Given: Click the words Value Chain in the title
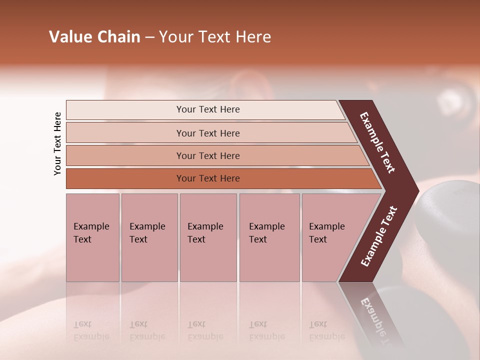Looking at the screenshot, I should [x=94, y=37].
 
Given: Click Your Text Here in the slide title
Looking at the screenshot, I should [x=215, y=37].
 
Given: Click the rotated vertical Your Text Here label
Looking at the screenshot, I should [x=57, y=143].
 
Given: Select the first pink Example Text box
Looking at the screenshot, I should [x=92, y=237].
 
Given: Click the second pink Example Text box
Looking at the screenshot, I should [x=149, y=237].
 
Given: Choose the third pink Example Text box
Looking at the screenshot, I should [x=208, y=237].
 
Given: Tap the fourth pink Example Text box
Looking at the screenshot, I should [x=269, y=237].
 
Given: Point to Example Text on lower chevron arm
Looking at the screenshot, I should [x=379, y=236].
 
